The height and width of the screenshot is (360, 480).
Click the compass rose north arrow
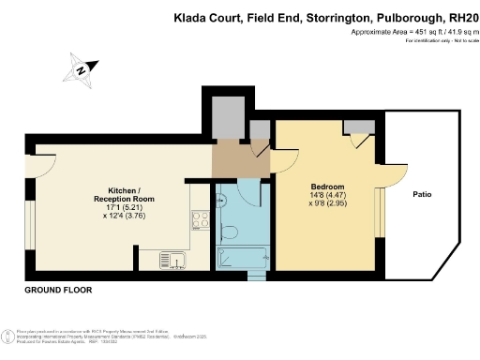[82, 68]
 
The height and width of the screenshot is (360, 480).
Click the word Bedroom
[327, 187]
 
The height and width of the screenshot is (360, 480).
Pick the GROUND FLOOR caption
[57, 291]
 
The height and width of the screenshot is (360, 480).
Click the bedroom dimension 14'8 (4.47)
[327, 197]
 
